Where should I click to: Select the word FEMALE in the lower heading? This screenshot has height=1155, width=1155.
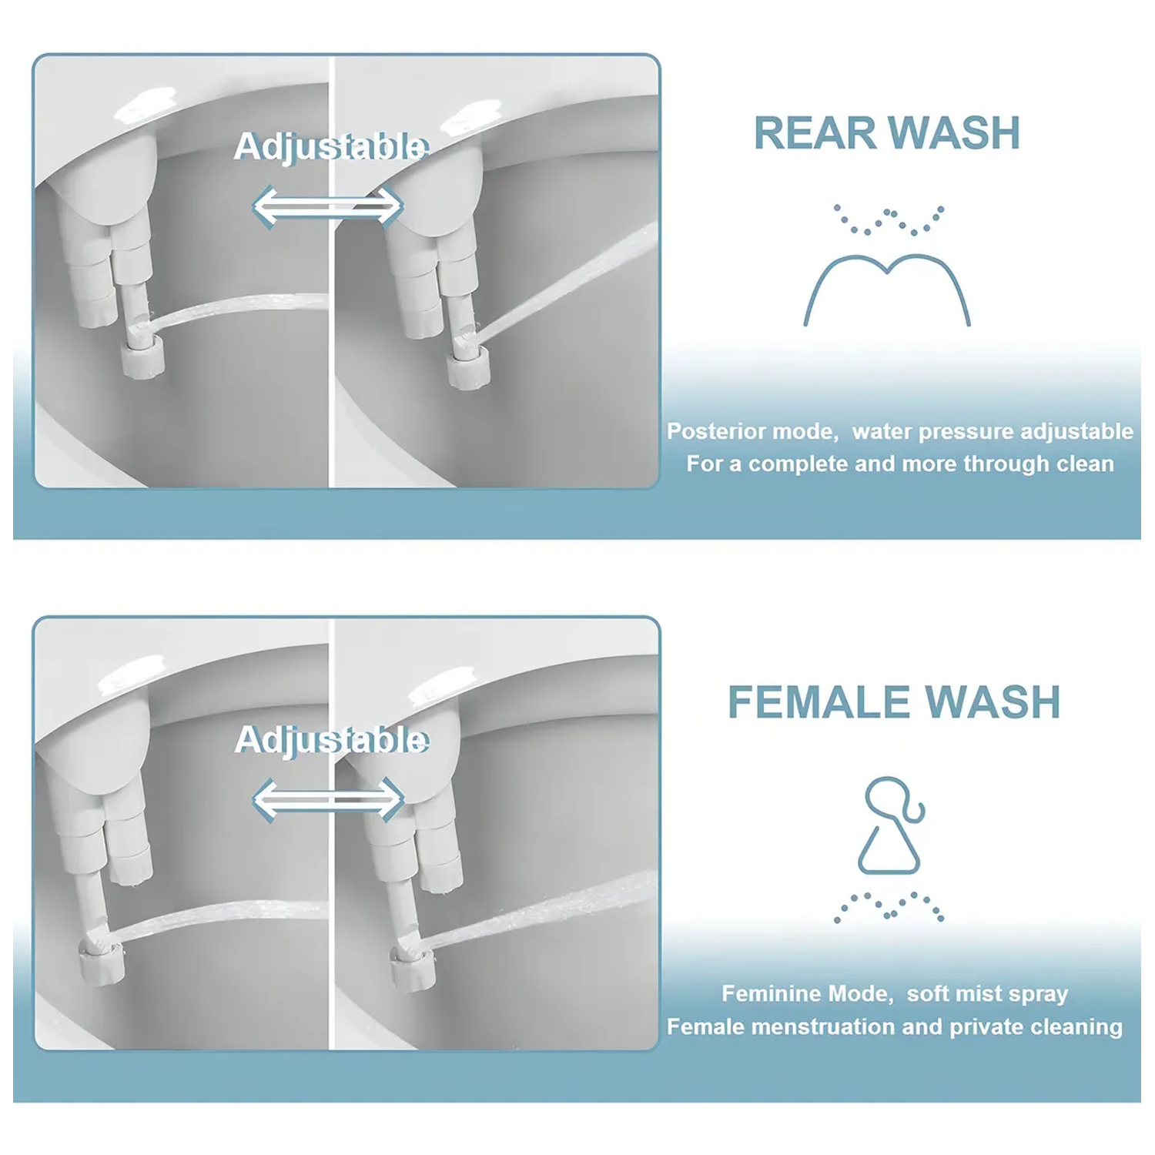pos(820,702)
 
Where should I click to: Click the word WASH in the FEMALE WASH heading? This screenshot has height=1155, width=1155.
pos(993,702)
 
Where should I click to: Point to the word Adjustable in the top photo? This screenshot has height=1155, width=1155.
pos(331,146)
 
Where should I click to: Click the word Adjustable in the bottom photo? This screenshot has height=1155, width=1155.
pos(331,740)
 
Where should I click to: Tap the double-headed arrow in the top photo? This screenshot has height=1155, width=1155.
pos(328,206)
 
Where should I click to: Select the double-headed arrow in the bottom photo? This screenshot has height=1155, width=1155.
pos(328,799)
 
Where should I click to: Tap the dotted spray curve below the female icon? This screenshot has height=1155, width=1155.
pos(889,906)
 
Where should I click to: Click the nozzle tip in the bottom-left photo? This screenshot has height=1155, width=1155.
pos(97,946)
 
